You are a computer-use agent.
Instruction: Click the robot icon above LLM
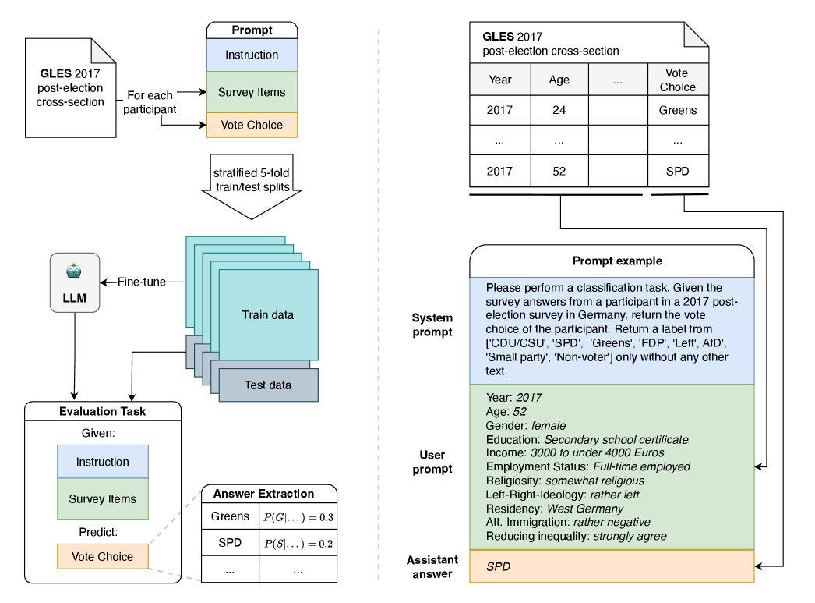pos(74,272)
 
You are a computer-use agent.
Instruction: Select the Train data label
pos(268,315)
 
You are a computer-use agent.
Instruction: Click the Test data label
pos(268,385)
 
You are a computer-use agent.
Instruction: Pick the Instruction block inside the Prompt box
pos(252,55)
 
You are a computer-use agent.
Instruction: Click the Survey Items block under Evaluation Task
pos(102,499)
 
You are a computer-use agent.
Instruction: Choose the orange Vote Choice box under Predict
pos(102,557)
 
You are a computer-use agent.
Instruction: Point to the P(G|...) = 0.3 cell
pos(298,516)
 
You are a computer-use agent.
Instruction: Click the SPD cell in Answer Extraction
pos(230,542)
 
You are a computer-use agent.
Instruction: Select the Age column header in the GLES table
pos(559,80)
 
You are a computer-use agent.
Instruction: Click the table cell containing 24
pos(559,110)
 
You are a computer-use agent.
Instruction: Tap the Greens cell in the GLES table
pos(677,110)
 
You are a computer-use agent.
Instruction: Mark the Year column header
pos(499,80)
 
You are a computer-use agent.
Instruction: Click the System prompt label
pos(432,325)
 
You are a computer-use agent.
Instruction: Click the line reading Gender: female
pos(525,425)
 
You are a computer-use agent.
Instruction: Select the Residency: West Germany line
pos(554,509)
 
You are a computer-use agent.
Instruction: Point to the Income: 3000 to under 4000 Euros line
pos(575,452)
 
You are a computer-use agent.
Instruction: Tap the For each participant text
pos(150,103)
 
